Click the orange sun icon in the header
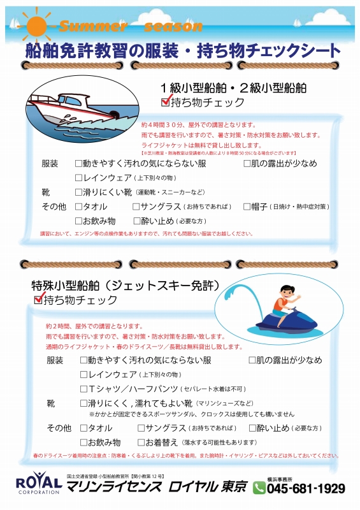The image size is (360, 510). point(36,26)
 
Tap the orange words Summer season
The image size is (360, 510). point(131,27)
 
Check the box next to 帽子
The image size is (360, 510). point(247,207)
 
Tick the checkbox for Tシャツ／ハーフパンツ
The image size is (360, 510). point(83,388)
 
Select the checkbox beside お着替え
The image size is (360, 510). point(141,442)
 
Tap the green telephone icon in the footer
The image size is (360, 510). point(259,488)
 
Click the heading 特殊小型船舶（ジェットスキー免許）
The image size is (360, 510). point(126,284)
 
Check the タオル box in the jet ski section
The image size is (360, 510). point(83,428)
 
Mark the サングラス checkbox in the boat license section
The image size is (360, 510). point(136,207)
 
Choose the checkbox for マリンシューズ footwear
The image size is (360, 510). point(83,403)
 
